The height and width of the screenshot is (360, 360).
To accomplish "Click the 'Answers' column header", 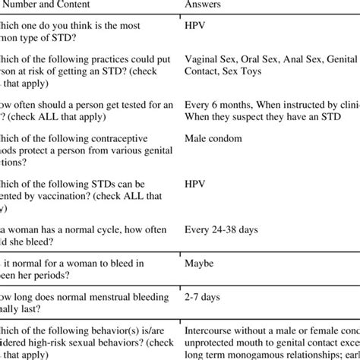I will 203,4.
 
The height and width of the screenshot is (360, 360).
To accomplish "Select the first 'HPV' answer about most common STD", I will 195,25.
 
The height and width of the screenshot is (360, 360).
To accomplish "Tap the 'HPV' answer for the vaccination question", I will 195,185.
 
